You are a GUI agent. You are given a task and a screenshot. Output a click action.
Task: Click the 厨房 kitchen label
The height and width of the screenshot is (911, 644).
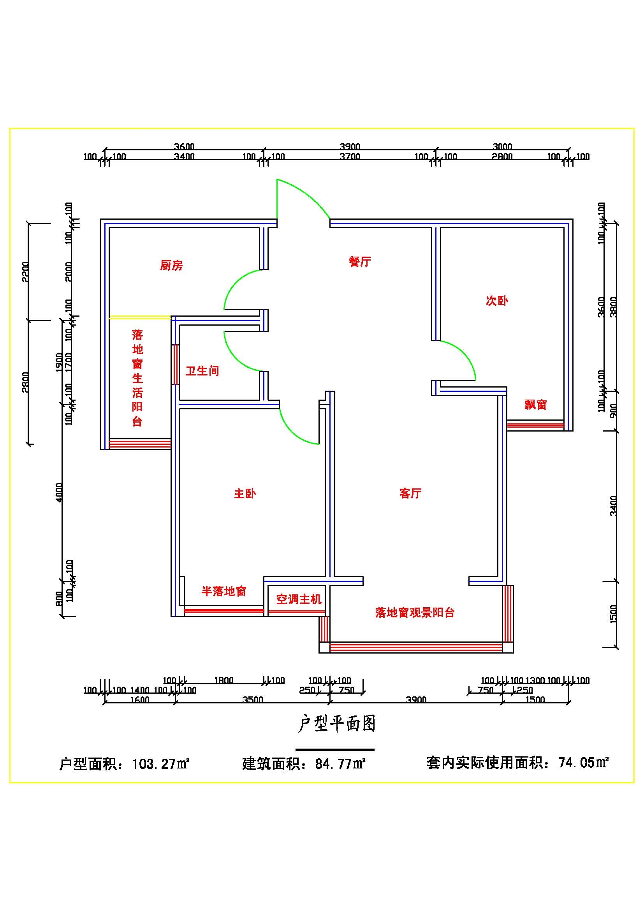point(171,265)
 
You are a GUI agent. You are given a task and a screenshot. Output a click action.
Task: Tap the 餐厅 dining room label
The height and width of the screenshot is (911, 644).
point(360,261)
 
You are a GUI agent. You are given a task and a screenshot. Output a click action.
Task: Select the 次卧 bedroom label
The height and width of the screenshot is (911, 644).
point(497,300)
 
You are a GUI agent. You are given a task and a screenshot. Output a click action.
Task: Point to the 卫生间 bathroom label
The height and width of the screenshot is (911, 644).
point(202,371)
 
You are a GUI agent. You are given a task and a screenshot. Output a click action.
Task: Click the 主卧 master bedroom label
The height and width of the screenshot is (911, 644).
point(245,493)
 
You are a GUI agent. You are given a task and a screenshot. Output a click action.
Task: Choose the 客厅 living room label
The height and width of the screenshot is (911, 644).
point(410,493)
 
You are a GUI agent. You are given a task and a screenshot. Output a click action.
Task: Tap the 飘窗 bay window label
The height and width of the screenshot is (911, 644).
point(536,404)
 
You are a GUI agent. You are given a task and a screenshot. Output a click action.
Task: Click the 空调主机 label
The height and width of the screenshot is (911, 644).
point(299,599)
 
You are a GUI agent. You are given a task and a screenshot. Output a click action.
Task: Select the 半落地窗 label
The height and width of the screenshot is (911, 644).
point(223,591)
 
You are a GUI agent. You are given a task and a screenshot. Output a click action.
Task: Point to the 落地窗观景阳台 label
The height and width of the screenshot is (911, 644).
point(415,612)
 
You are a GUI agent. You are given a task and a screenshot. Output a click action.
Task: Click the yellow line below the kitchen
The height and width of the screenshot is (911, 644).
point(140,317)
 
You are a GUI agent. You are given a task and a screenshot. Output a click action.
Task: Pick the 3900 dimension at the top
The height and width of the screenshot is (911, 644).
point(350,146)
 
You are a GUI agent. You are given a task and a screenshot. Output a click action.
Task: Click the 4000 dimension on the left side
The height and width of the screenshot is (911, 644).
point(59,492)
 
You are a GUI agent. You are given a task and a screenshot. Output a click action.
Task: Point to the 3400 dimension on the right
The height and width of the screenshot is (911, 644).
point(613,506)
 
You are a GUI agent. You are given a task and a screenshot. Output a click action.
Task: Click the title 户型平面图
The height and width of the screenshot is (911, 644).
point(336,724)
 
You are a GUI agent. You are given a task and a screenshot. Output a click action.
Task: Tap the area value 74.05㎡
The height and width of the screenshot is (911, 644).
point(583,762)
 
